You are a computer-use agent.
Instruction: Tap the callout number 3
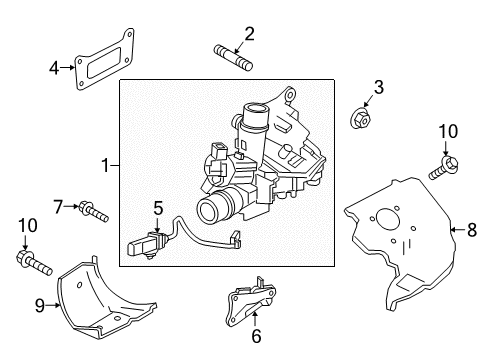coord(378,89)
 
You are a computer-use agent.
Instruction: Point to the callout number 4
coord(54,68)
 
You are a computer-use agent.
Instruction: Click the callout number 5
coord(157,208)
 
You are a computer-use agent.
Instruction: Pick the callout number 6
coord(255,336)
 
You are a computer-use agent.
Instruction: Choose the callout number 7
coord(58,206)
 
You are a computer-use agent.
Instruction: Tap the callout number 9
coord(40,306)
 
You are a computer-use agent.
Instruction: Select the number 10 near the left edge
coord(24,228)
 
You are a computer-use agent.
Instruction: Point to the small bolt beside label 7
coord(93,211)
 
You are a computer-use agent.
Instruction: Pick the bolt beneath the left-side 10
coord(34,263)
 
